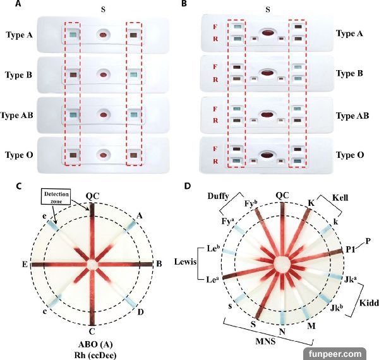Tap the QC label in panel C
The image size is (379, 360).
click(92, 196)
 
